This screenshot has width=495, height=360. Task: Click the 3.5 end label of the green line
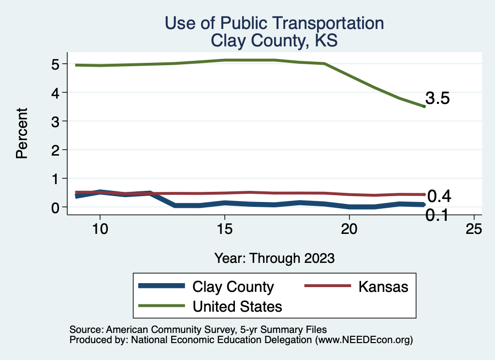tap(437, 99)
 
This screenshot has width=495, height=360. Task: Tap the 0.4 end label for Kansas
tap(439, 196)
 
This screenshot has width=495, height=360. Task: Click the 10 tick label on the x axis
tap(100, 230)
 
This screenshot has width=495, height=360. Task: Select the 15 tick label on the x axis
tap(224, 230)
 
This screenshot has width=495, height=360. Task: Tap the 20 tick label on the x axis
tap(349, 230)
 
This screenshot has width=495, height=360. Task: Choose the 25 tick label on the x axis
tap(474, 230)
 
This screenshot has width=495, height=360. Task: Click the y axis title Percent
tap(21, 133)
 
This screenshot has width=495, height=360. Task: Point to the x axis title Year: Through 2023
tap(274, 258)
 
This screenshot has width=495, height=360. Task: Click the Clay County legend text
tap(233, 287)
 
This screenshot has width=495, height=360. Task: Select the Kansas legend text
tap(383, 287)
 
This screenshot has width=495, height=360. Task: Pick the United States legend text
tap(237, 306)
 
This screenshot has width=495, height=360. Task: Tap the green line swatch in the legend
tap(161, 306)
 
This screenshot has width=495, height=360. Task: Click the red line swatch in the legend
tap(327, 286)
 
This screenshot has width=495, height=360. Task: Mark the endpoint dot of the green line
tap(424, 106)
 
